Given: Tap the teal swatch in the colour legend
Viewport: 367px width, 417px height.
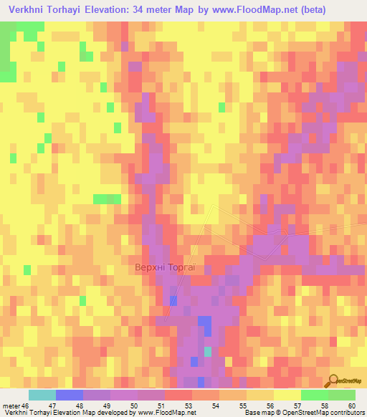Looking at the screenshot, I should [x=42, y=395].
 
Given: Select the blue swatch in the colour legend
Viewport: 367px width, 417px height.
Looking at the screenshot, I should [x=69, y=395].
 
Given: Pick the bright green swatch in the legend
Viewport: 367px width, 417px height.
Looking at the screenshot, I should [x=314, y=395].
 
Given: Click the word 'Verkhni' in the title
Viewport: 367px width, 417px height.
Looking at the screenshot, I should [x=28, y=10].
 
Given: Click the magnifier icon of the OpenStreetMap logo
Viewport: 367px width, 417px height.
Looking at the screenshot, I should [x=333, y=380].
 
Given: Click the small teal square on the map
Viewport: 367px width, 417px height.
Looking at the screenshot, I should [x=208, y=351].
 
